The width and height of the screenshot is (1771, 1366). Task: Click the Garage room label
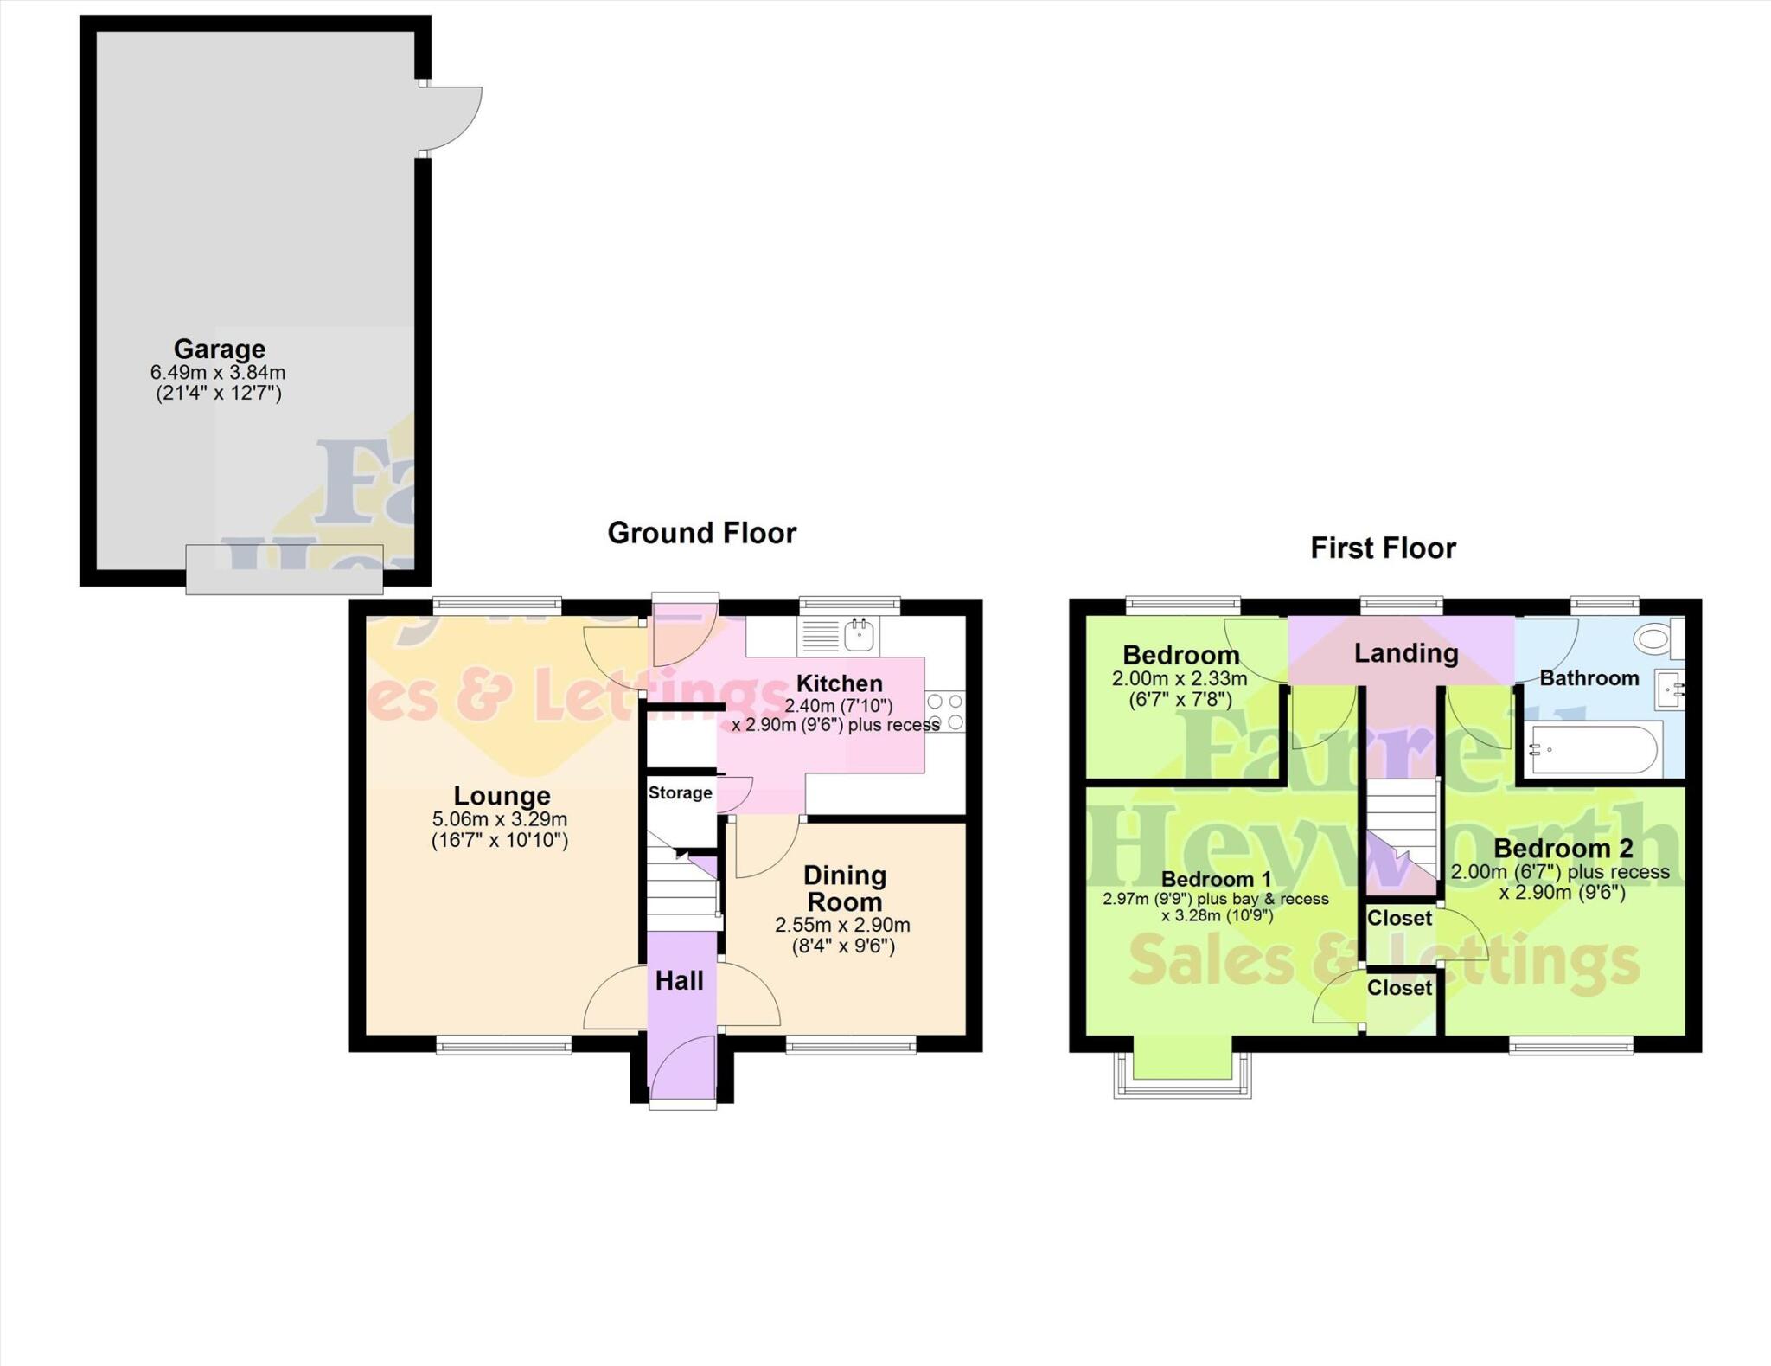[x=219, y=349]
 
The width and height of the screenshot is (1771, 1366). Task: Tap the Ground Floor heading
[x=701, y=533]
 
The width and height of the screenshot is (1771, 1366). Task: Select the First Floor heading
[x=1383, y=548]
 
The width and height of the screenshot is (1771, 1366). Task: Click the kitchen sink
[x=859, y=636]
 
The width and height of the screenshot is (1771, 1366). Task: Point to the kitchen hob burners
[x=945, y=711]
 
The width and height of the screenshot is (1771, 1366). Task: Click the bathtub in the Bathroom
[x=1593, y=750]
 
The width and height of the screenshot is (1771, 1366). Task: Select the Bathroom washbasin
[x=1670, y=689]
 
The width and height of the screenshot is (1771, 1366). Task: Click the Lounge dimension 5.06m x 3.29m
[x=500, y=819]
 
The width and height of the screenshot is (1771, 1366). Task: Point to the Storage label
[x=680, y=793]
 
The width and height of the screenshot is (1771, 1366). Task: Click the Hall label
[x=679, y=980]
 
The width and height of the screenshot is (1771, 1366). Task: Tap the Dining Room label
[x=844, y=888]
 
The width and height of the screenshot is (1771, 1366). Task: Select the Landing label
[x=1405, y=653]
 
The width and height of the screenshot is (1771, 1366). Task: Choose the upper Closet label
[x=1399, y=918]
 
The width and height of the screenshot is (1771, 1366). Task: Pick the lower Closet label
[x=1399, y=988]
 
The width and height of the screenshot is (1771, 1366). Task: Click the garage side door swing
[x=451, y=119]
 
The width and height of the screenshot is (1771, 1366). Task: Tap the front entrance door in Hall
[x=681, y=1071]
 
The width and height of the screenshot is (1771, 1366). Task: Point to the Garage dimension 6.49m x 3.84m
[x=218, y=373]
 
